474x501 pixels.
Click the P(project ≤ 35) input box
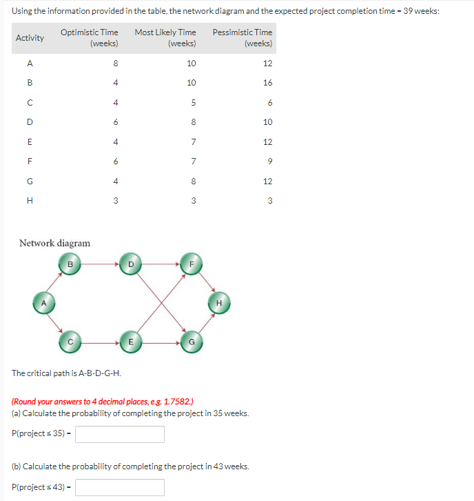click(x=120, y=434)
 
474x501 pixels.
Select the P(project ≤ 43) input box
click(x=120, y=487)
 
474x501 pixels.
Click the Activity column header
click(x=30, y=38)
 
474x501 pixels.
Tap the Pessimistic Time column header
click(x=243, y=38)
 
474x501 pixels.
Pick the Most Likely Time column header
click(x=165, y=38)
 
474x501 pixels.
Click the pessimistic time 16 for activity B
click(x=267, y=83)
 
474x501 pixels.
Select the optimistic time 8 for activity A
click(x=115, y=63)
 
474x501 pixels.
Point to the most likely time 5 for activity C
click(x=194, y=103)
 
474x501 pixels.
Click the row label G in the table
click(x=30, y=181)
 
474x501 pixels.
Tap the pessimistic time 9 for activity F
click(x=269, y=161)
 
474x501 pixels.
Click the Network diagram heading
click(x=54, y=243)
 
